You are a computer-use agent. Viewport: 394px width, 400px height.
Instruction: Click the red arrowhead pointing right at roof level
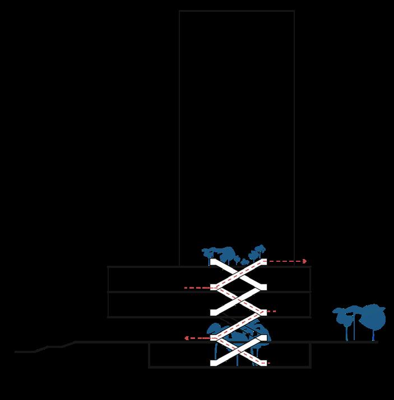[304, 261]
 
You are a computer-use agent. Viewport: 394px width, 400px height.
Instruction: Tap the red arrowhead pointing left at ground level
[187, 338]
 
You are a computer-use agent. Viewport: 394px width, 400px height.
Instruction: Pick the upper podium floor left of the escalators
[157, 279]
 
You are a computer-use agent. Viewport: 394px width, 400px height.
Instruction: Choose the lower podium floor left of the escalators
[157, 304]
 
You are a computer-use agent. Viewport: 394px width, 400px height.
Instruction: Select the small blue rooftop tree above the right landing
[258, 250]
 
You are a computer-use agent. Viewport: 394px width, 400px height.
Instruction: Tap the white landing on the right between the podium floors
[261, 287]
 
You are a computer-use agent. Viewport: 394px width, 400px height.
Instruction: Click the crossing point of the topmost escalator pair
[238, 274]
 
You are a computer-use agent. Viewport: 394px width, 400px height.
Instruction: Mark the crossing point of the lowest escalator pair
[238, 351]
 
